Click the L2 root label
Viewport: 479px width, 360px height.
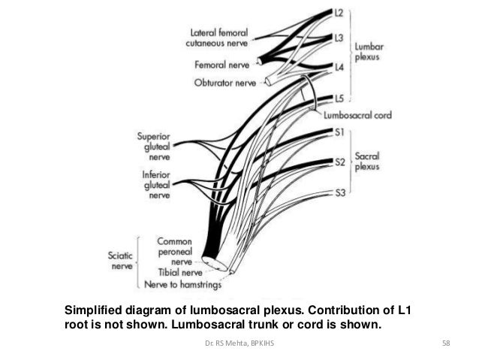(339, 13)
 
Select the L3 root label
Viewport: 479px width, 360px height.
(339, 37)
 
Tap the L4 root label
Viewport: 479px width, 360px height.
(339, 67)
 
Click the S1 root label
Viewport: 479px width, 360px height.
(339, 132)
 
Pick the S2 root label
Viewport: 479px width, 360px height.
(339, 162)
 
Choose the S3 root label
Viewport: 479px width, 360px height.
(339, 193)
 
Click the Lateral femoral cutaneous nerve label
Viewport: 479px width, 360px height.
(219, 38)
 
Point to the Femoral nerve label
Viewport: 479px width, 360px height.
(223, 65)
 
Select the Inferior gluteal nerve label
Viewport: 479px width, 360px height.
(154, 185)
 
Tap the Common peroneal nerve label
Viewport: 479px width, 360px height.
(177, 252)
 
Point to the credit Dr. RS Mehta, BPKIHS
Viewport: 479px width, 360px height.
(239, 344)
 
